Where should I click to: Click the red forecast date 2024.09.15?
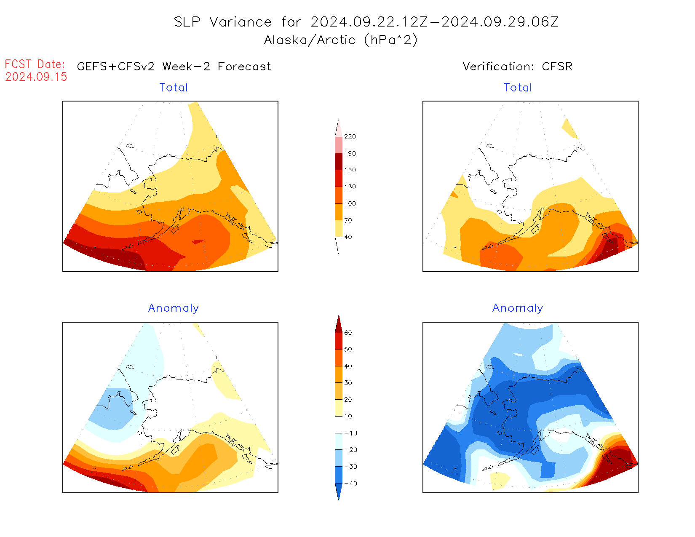[x=36, y=77]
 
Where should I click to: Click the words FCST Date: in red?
[x=35, y=64]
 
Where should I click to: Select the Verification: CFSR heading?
[x=517, y=67]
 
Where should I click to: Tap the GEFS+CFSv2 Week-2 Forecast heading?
[x=174, y=67]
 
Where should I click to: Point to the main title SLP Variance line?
[x=366, y=22]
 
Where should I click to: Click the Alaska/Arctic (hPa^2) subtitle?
[x=341, y=40]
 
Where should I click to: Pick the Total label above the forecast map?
[x=174, y=88]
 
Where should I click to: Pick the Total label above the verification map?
[x=518, y=88]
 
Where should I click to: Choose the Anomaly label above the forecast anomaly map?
[x=174, y=308]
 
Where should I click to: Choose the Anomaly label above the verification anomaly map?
[x=518, y=308]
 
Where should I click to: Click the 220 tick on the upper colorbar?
[x=350, y=137]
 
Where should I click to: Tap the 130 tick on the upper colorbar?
[x=350, y=187]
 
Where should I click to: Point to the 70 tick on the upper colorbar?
[x=348, y=220]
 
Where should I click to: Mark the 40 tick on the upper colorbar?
[x=348, y=237]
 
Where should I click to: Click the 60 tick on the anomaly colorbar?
[x=348, y=333]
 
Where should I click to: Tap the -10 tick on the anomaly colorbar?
[x=350, y=433]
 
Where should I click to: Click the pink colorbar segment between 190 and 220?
[x=339, y=145]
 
